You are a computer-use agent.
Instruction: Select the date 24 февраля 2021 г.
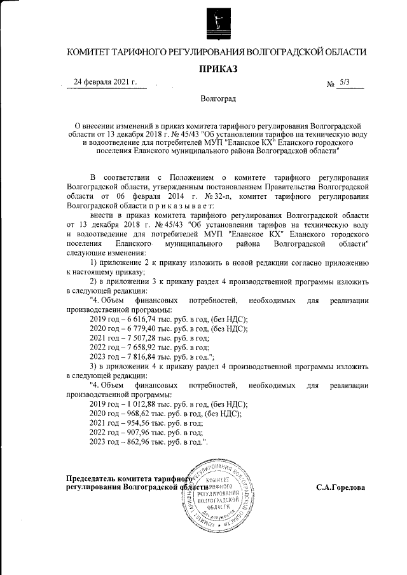pyautogui.click(x=106, y=83)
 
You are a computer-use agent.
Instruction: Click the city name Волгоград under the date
pyautogui.click(x=218, y=100)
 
